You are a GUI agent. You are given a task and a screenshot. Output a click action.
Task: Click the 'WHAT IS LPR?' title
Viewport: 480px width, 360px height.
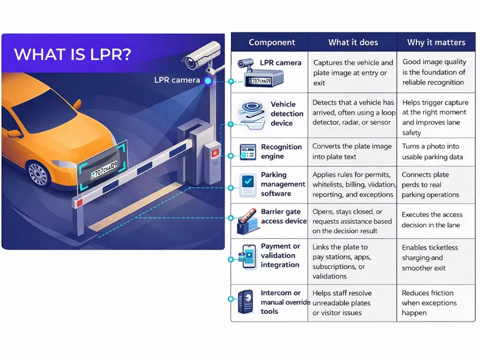click(72, 54)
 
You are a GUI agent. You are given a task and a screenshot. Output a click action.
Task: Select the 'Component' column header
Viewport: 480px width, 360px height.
click(272, 43)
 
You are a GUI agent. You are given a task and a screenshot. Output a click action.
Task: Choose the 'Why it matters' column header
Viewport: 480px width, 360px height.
click(436, 43)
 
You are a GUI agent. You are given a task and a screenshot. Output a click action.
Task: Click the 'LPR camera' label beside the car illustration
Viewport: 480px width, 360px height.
click(177, 80)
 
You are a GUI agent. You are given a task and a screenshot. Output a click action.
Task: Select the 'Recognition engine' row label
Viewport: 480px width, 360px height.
click(281, 152)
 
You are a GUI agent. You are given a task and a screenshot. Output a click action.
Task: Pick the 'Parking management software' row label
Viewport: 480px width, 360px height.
click(282, 185)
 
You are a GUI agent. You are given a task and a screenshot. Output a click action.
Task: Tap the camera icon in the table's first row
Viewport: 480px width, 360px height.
click(248, 64)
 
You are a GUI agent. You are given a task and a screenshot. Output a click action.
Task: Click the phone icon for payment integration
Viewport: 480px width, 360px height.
click(248, 257)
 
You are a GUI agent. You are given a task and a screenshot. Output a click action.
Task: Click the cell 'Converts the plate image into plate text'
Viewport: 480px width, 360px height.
click(352, 152)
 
